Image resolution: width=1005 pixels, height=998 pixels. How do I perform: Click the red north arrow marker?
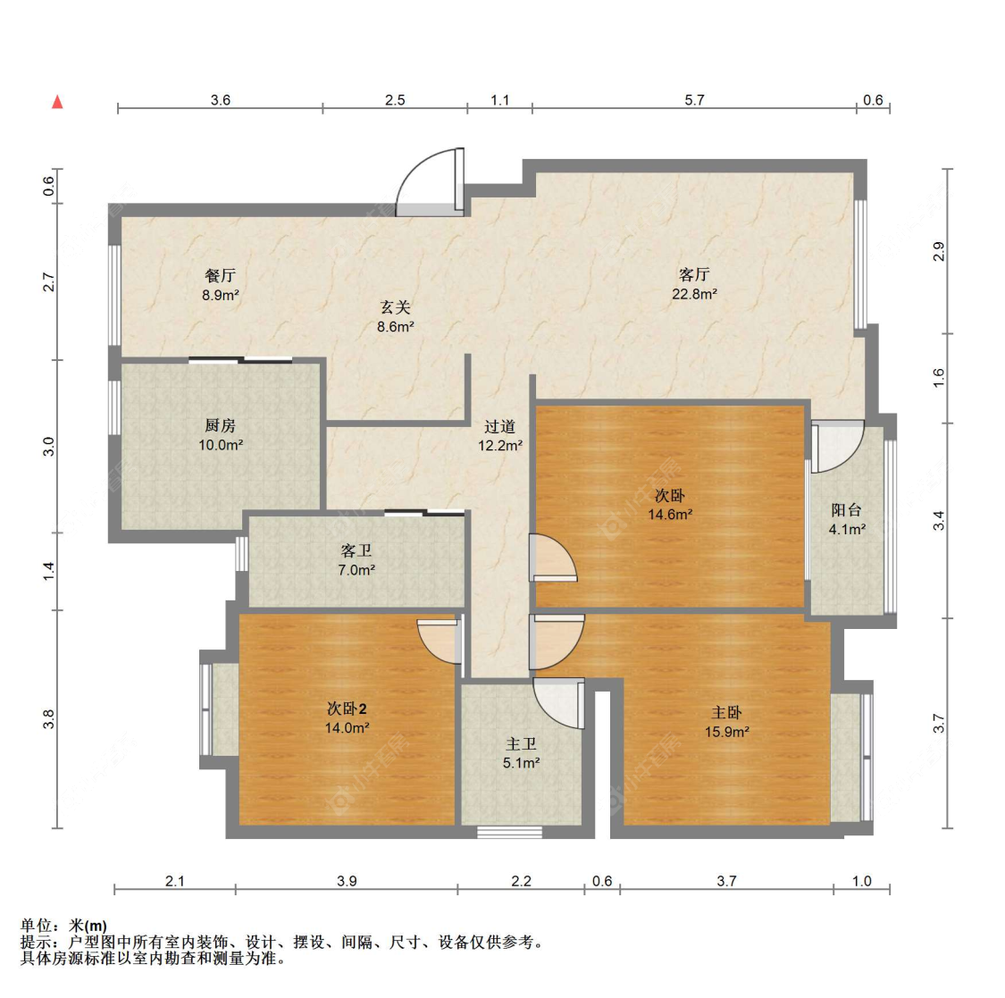pos(58,101)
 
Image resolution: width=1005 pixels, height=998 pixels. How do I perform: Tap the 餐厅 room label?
pos(220,275)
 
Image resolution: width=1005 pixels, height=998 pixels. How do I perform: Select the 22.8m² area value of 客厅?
pos(694,294)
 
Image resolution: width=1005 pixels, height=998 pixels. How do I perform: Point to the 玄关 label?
pos(395,307)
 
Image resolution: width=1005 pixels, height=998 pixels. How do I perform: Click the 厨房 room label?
pos(220,425)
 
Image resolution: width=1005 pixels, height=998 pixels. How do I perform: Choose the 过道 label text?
pos(500,426)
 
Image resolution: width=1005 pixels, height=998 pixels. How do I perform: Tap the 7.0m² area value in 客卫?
pos(356,570)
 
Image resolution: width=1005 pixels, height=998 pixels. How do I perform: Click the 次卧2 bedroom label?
pos(347,709)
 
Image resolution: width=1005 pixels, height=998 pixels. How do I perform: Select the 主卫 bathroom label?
pos(521,744)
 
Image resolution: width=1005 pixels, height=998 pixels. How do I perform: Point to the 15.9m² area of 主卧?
pos(727,732)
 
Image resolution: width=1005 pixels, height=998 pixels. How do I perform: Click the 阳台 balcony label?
pos(846,510)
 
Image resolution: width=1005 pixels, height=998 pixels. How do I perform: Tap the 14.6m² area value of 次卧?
pos(670,515)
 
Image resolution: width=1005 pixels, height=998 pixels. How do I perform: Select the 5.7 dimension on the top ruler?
pos(694,100)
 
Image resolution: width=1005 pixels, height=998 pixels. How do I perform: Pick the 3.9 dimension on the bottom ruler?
pos(347,881)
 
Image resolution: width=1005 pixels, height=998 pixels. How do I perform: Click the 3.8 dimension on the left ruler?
pos(49,719)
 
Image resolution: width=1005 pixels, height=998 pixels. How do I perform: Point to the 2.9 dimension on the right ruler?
pos(938,251)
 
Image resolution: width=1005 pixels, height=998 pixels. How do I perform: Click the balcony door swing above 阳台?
pos(838,447)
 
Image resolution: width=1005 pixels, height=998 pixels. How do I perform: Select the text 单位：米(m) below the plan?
pos(63,926)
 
